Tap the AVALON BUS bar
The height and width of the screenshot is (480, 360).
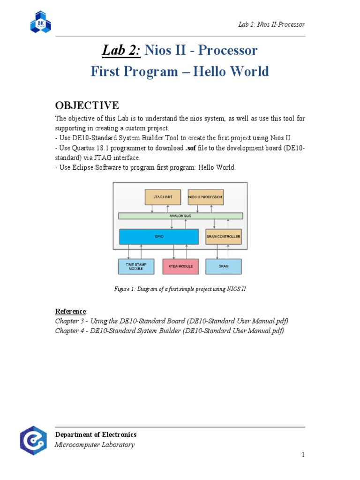(180, 216)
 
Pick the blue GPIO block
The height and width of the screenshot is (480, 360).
(158, 237)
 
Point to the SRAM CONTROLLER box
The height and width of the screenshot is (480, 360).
(223, 237)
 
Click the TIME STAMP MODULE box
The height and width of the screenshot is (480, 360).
(136, 267)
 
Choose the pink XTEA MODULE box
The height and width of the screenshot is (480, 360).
(180, 267)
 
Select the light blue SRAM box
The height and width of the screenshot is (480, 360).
(223, 267)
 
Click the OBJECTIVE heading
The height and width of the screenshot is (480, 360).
(87, 105)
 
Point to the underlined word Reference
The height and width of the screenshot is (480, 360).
(70, 311)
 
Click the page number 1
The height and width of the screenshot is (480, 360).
(303, 455)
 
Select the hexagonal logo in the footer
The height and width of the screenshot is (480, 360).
(33, 440)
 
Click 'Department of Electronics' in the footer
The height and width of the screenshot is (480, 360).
(96, 435)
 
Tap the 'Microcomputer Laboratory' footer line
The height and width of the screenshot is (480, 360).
(95, 445)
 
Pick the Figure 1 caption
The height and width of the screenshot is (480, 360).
(180, 289)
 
